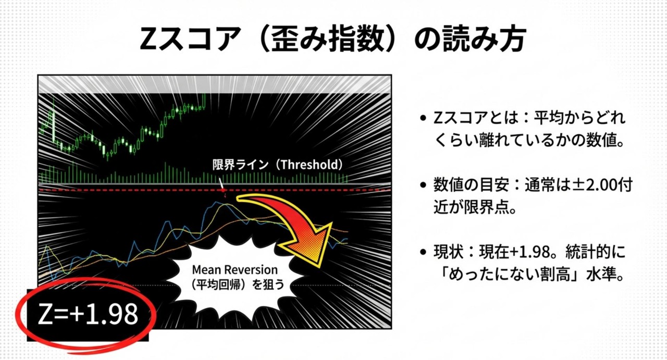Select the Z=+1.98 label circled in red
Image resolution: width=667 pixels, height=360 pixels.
[88, 314]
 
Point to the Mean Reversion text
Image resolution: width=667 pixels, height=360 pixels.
[234, 269]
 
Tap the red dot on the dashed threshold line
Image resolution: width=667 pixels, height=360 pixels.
[223, 190]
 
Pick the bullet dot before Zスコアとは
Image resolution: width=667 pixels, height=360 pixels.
[423, 118]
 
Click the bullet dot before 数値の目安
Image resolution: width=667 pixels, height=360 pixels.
[423, 185]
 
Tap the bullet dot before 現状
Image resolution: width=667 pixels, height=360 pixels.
[423, 252]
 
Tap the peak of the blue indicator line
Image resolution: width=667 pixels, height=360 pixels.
[217, 202]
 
